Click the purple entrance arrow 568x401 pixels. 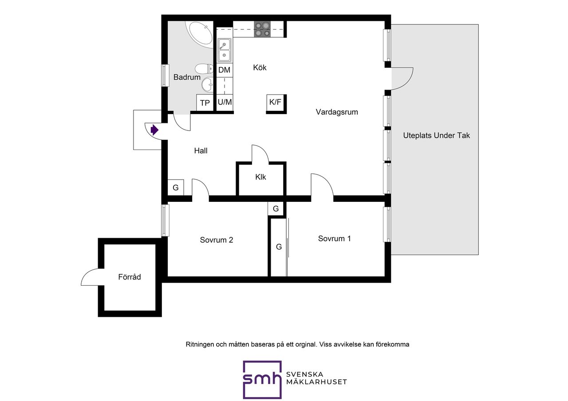coord(154,130)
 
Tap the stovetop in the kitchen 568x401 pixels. coord(262,29)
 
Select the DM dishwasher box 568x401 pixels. coord(225,70)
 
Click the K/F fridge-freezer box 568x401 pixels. coord(275,102)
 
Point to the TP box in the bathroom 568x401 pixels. coord(205,102)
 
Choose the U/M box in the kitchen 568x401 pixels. coord(225,102)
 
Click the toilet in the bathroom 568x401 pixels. coord(204,68)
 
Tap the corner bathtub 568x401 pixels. coord(200,35)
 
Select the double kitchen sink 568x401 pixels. coord(225,50)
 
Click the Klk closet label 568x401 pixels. coord(260,177)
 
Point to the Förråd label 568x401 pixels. coord(129,277)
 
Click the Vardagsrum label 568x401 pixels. coord(337,112)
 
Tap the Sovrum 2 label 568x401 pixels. coord(216,240)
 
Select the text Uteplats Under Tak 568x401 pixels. coord(436,135)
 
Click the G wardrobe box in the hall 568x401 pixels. coord(176,187)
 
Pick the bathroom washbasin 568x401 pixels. coord(207,84)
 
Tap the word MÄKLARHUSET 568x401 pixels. coord(316,382)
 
